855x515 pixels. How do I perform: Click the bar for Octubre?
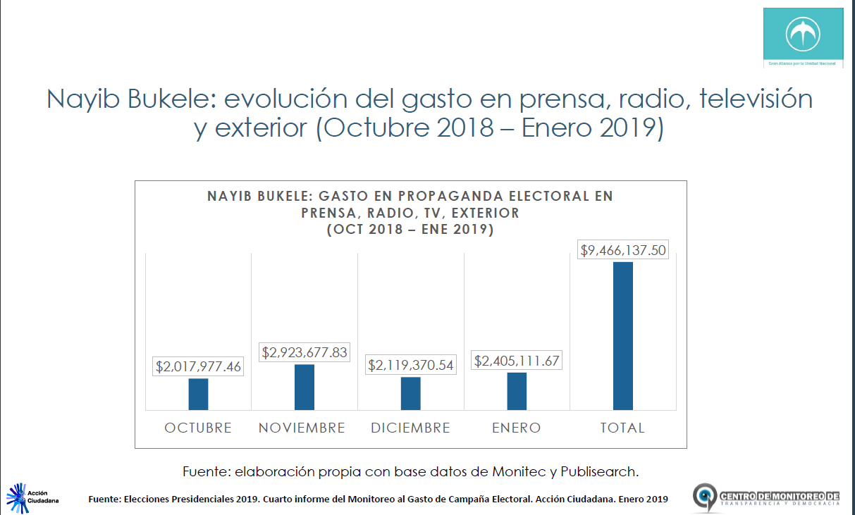click(198, 394)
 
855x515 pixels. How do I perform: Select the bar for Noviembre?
click(305, 387)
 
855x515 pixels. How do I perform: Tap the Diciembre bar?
click(411, 393)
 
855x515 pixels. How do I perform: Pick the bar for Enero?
click(517, 391)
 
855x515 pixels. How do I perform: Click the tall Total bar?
click(623, 335)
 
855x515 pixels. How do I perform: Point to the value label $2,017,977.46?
click(199, 366)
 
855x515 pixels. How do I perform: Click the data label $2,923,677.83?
click(305, 352)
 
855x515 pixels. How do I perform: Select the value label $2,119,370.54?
click(411, 365)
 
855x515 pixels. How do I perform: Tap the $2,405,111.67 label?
click(517, 361)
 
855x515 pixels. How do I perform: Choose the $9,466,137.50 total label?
click(622, 249)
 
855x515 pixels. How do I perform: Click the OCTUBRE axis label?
click(198, 428)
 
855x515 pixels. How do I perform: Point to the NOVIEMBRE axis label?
click(302, 428)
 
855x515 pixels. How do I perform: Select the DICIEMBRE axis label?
click(410, 428)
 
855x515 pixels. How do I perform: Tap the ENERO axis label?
click(516, 428)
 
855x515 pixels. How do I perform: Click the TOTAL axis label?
click(622, 428)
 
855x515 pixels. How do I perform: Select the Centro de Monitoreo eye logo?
click(705, 497)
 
